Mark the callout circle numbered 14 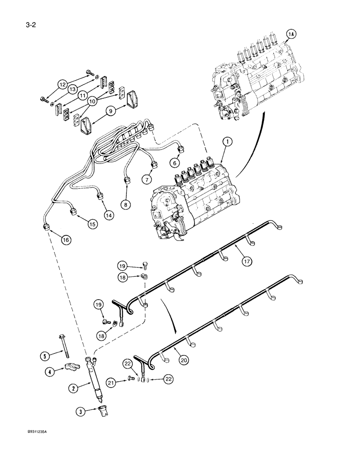(109, 215)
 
